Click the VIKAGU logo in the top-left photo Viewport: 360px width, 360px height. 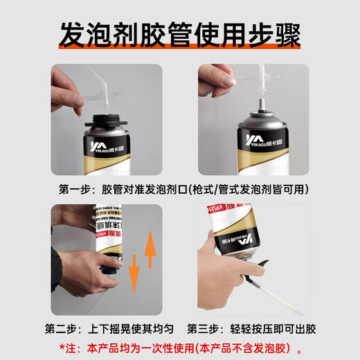coord(107,147)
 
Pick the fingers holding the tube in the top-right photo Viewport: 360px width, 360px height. coord(216,80)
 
